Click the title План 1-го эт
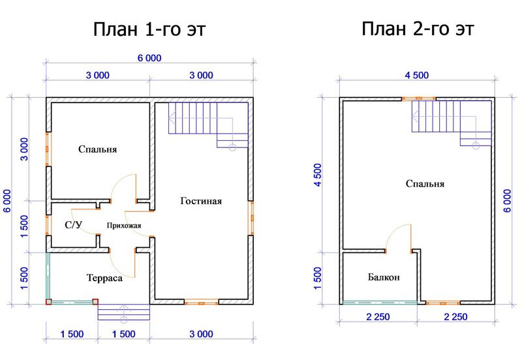[x=149, y=29]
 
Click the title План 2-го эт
[x=418, y=29]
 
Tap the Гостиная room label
[x=201, y=201]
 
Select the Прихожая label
[x=124, y=226]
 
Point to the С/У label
[x=73, y=225]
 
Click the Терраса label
[x=104, y=278]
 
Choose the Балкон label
[x=384, y=277]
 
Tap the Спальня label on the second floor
[x=425, y=184]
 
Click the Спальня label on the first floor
[x=97, y=149]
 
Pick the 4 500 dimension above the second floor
[x=417, y=76]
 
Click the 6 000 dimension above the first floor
[x=149, y=58]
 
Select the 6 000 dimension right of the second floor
[x=507, y=201]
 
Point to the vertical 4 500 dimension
[x=318, y=175]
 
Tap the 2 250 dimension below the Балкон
[x=378, y=317]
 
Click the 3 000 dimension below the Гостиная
[x=201, y=334]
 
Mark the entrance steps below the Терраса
[x=123, y=312]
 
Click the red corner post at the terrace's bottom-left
[x=48, y=302]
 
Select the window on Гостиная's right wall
[x=251, y=218]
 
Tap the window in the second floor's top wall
[x=419, y=98]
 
